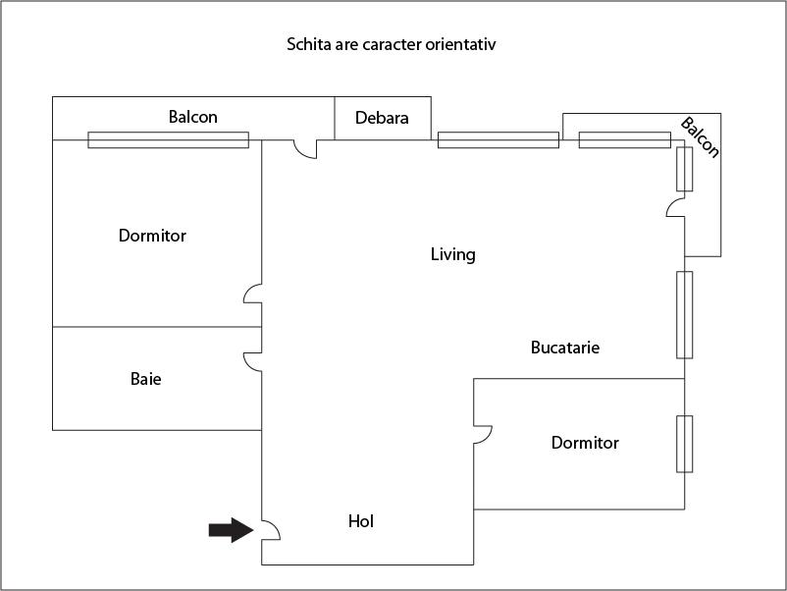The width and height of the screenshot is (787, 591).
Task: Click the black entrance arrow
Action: pos(231,530)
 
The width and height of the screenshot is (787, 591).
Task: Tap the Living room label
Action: pos(452,254)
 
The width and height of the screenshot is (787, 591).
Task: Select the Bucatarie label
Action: pos(564,348)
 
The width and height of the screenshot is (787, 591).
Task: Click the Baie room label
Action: pos(145,378)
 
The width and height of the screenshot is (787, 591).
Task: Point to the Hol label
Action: pos(361,521)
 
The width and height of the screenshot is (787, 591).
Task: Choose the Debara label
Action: pos(382,118)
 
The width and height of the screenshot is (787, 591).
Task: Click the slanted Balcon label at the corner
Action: pos(700,137)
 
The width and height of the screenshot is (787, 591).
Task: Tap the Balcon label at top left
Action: pos(192,117)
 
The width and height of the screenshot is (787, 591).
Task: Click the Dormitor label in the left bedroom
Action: pos(152,236)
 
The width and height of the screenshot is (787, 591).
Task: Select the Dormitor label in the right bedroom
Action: pos(585,443)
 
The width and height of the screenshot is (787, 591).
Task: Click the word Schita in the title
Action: pos(307,44)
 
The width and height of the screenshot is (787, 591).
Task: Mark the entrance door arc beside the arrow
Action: pos(271,531)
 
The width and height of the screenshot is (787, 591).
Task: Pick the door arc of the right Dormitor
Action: pos(482,434)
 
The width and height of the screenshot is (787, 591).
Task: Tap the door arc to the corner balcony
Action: pos(675,207)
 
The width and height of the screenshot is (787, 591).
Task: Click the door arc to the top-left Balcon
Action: pos(304,149)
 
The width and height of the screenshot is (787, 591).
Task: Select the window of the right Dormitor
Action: pos(684,444)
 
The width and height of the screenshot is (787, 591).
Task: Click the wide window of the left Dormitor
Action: pos(168,140)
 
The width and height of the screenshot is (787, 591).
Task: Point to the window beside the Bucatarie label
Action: pos(684,314)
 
